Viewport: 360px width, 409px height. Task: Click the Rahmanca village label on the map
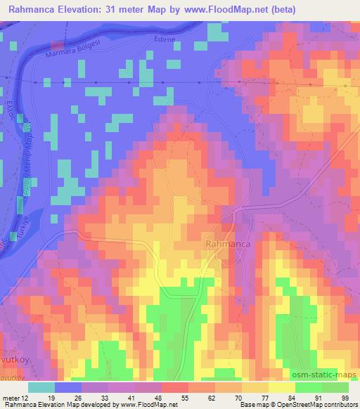point(228,243)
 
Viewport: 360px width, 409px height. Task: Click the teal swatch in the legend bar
point(41,387)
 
